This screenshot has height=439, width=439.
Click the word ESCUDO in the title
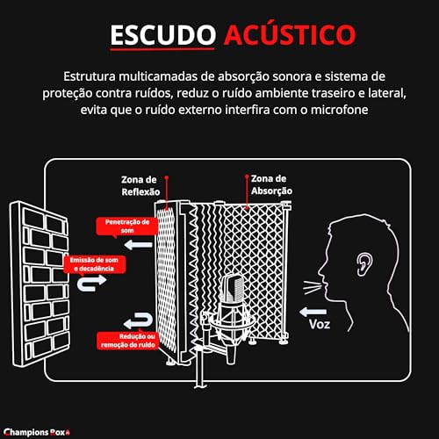click(159, 34)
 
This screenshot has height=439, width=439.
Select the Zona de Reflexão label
click(140, 185)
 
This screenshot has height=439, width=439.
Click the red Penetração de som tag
click(126, 226)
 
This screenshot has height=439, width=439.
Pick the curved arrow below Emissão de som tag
click(93, 283)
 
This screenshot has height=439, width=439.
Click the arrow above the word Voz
click(313, 310)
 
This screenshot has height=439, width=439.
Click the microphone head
click(232, 291)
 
